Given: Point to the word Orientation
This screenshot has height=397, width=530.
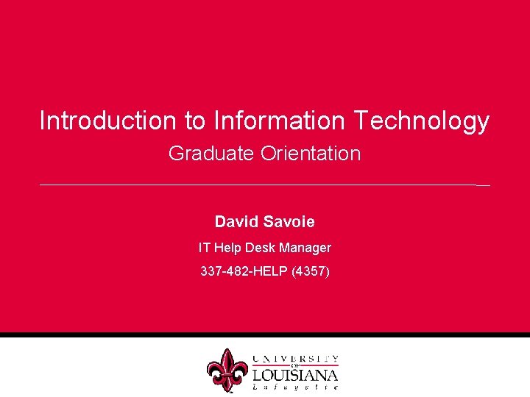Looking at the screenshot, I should pos(310,154).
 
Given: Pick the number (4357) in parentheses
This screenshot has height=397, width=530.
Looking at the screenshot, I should pos(311,271).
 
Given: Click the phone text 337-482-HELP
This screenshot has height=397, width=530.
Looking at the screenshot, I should pos(244,271).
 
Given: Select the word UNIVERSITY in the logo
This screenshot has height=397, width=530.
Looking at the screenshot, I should pos(295,358).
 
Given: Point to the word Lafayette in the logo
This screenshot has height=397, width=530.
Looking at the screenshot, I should pos(295,387).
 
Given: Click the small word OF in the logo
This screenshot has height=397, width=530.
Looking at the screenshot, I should pos(295,365).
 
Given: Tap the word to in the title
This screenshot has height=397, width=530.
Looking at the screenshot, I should pos(192,121).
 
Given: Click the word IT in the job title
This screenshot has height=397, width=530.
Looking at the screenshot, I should pos(205,248).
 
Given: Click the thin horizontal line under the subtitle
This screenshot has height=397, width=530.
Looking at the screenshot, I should pos(258,185).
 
